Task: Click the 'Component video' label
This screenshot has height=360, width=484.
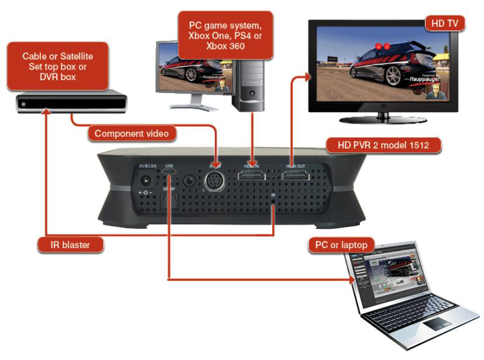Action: tap(132, 134)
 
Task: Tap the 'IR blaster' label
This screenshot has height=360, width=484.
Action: tap(71, 245)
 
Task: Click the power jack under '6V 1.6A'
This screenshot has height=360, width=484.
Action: tap(144, 181)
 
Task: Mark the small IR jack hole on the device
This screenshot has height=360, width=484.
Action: tap(273, 202)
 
